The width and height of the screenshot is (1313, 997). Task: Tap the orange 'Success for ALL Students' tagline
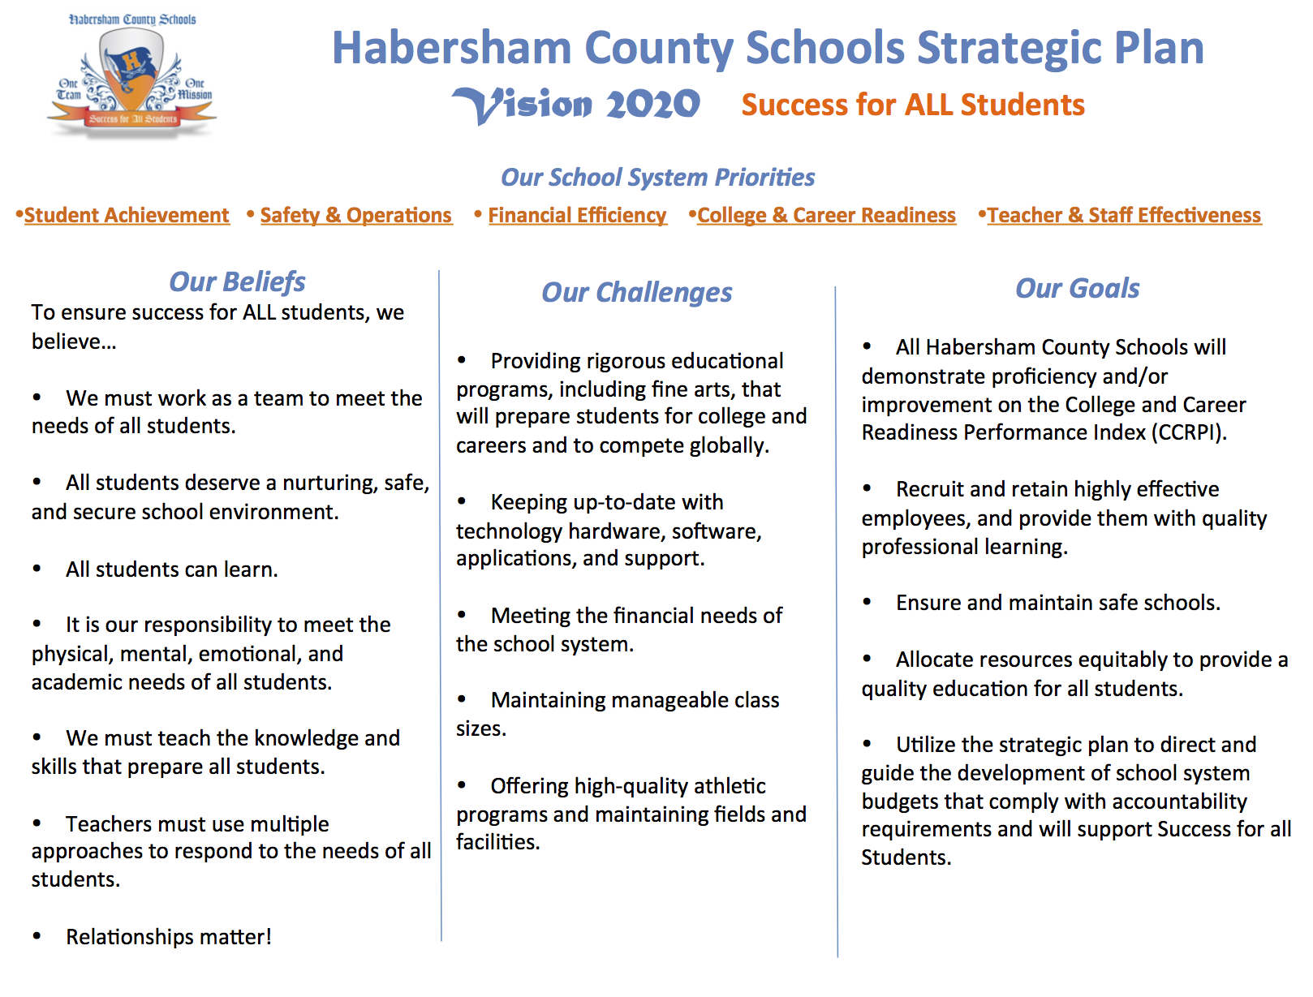[x=912, y=105]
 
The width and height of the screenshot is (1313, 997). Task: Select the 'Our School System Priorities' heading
[x=657, y=177]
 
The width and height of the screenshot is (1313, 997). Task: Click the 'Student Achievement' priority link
[x=127, y=215]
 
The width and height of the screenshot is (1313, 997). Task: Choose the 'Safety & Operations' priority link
[x=355, y=215]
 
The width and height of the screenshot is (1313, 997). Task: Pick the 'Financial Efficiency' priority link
[x=577, y=215]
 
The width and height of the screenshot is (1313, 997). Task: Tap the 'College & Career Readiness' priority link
[x=826, y=215]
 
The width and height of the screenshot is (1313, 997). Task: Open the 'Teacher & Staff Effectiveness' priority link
[x=1124, y=215]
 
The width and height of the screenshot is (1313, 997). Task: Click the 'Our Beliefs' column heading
[x=237, y=281]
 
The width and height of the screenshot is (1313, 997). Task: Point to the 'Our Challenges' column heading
[x=636, y=292]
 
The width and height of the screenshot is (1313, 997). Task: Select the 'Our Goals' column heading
[x=1077, y=288]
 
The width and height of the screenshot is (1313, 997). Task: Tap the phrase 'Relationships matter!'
[x=169, y=937]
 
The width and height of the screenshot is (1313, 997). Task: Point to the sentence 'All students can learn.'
[x=172, y=569]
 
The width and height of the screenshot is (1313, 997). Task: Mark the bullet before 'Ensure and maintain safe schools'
[x=867, y=602]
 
